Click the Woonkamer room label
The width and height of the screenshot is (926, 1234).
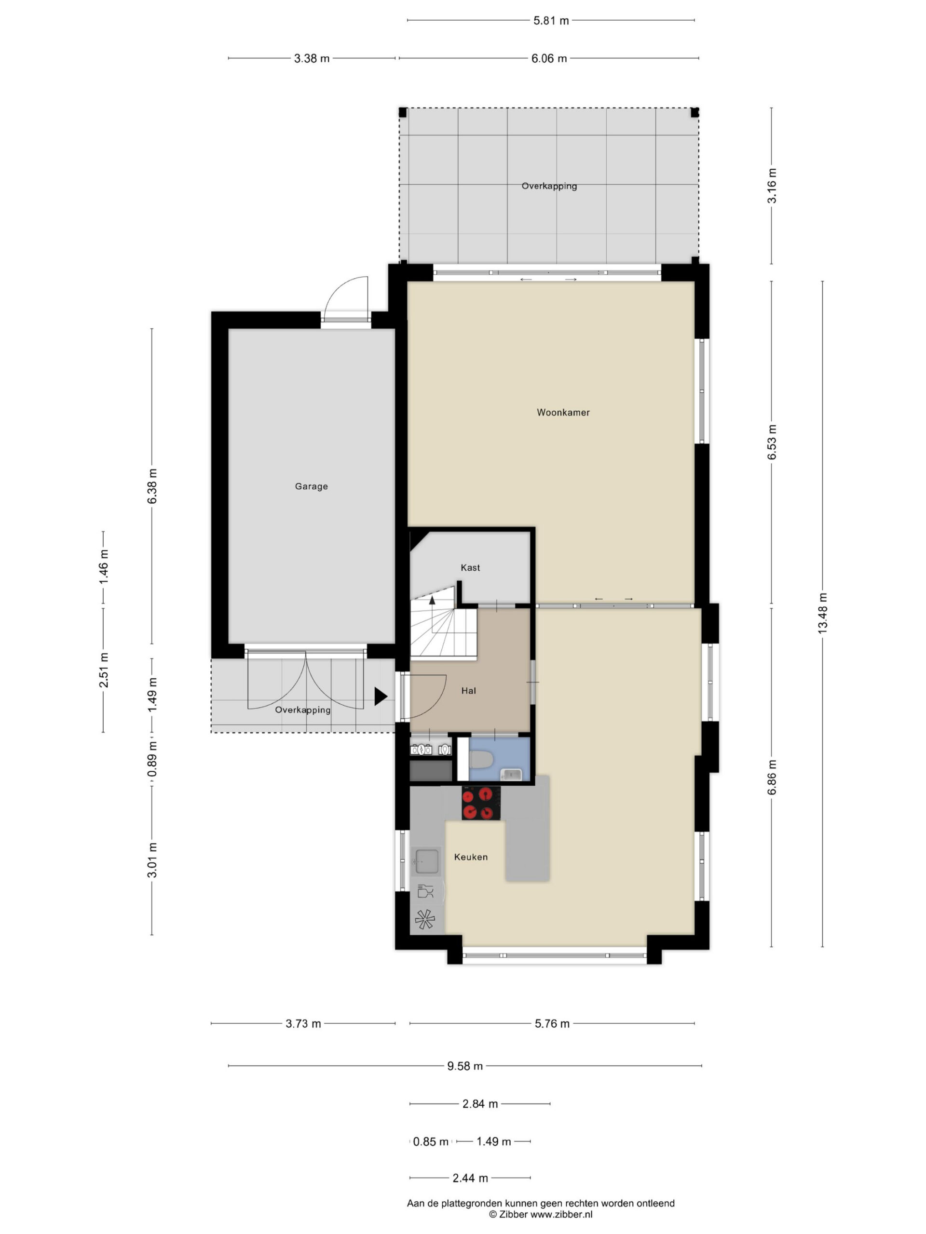pyautogui.click(x=563, y=412)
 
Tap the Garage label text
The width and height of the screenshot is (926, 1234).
pyautogui.click(x=311, y=486)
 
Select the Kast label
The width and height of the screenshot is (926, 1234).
pyautogui.click(x=470, y=567)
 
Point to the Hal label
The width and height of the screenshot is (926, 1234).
pyautogui.click(x=468, y=691)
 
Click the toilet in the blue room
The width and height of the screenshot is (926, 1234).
pyautogui.click(x=480, y=759)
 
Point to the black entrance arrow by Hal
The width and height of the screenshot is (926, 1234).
pyautogui.click(x=381, y=696)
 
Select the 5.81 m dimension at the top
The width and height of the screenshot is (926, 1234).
pyautogui.click(x=551, y=21)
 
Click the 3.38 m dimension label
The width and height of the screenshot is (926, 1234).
pyautogui.click(x=312, y=58)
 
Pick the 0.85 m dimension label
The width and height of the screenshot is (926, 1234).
pyautogui.click(x=431, y=1141)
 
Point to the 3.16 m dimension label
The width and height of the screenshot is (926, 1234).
pyautogui.click(x=771, y=186)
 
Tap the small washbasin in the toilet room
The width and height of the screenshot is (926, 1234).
pyautogui.click(x=511, y=774)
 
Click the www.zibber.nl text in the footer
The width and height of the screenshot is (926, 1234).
pyautogui.click(x=561, y=1214)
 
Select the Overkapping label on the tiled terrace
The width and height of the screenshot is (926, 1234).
pyautogui.click(x=549, y=186)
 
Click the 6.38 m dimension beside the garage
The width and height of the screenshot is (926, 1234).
pyautogui.click(x=152, y=486)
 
